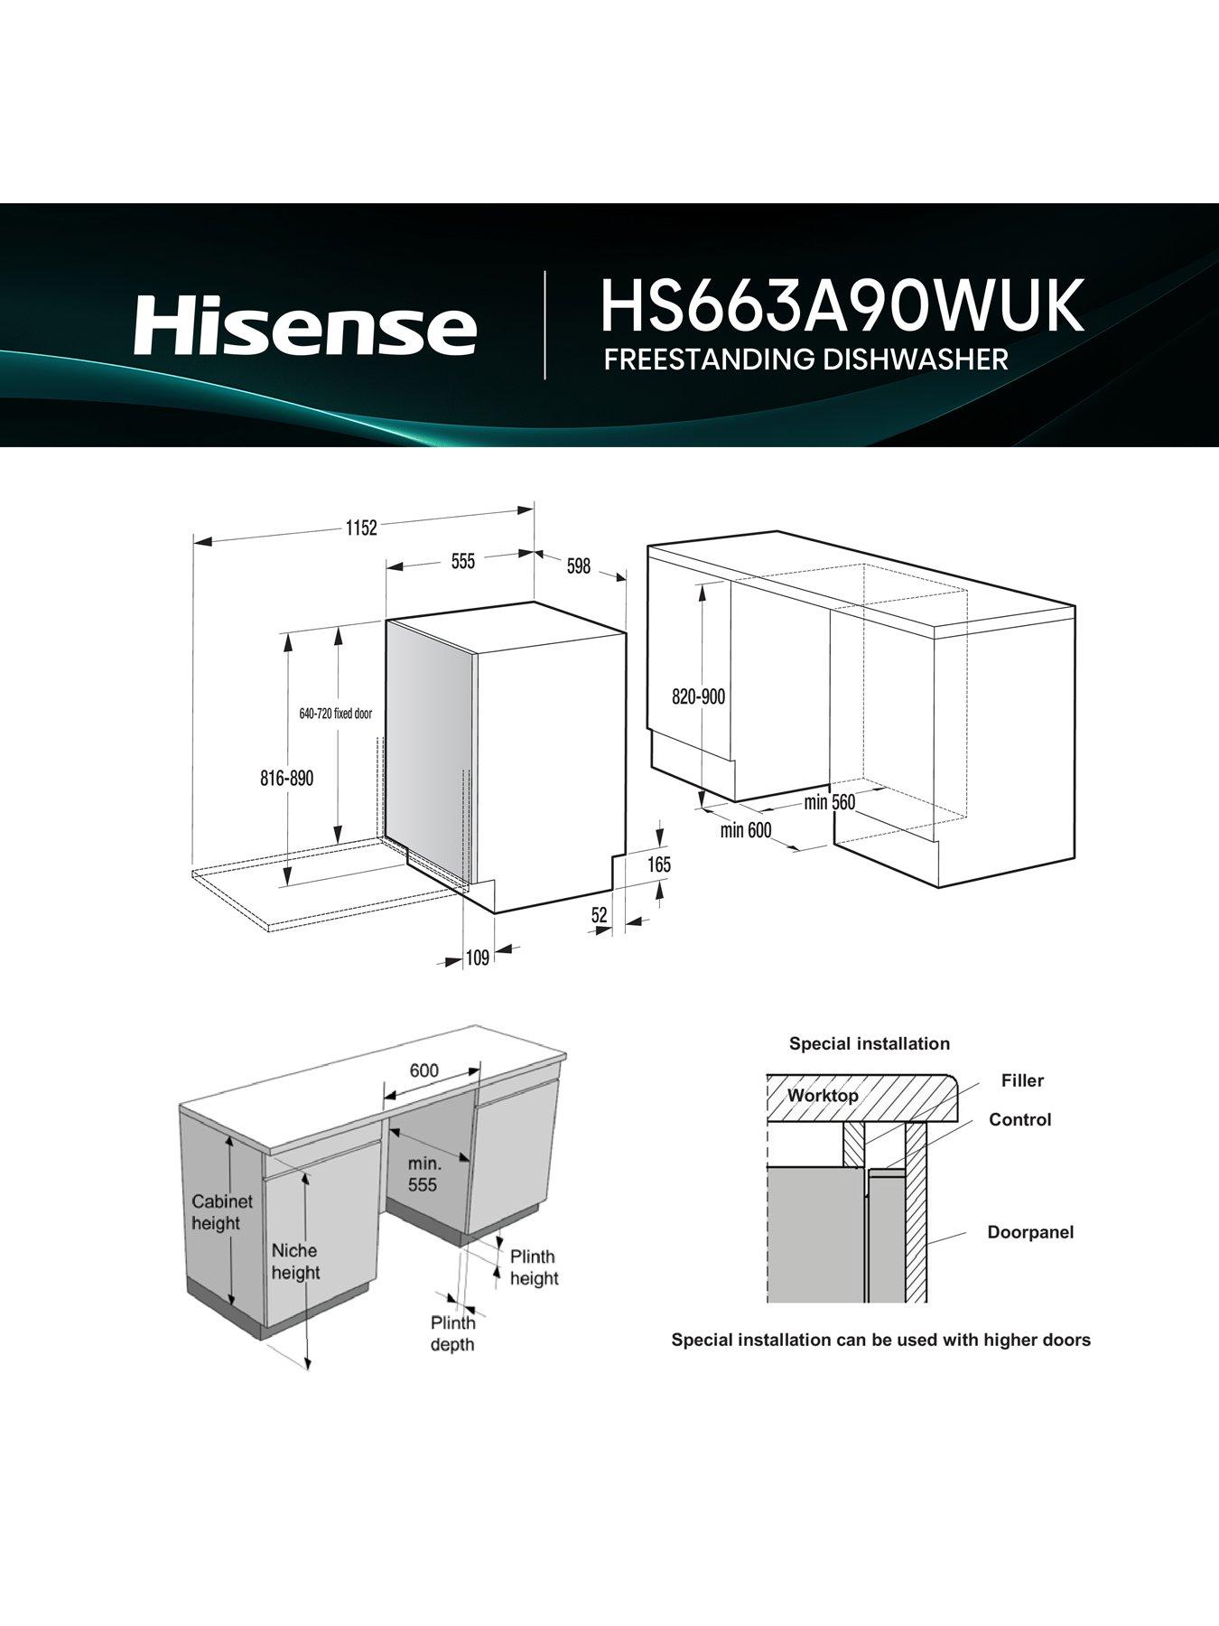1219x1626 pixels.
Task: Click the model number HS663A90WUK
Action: tap(841, 307)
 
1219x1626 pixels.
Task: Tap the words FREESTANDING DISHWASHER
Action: tap(805, 359)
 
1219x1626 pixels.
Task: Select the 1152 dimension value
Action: tap(360, 528)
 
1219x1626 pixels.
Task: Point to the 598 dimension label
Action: tap(578, 565)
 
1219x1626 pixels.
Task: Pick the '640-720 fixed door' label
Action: tap(335, 714)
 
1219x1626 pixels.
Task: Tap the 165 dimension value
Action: tap(659, 864)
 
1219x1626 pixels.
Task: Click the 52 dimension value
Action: tap(600, 915)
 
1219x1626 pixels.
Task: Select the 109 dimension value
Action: tap(478, 958)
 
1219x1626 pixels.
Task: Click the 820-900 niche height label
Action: tap(698, 697)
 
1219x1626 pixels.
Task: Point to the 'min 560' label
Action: tap(829, 802)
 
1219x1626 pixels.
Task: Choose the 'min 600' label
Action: tap(746, 829)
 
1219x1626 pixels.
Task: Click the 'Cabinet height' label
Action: tap(216, 1212)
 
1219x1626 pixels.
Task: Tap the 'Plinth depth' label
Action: tap(452, 1333)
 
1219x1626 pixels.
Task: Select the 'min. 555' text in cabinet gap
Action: tap(423, 1173)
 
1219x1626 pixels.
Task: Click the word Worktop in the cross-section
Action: tap(823, 1096)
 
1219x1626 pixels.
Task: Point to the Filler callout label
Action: tap(1022, 1080)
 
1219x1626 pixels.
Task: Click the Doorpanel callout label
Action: tap(1030, 1232)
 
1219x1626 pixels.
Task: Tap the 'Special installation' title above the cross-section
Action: tap(870, 1043)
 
